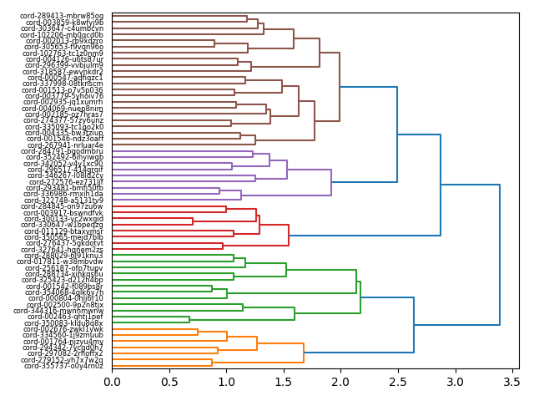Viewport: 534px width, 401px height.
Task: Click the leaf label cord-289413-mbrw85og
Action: (63, 16)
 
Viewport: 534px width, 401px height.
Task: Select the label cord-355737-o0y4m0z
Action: (63, 366)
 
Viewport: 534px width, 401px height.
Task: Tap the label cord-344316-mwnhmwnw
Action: (58, 311)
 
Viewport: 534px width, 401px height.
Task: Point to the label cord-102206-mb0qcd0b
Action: (63, 35)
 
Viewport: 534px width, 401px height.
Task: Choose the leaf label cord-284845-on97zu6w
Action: (63, 206)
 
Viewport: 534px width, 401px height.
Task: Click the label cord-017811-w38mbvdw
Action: (60, 261)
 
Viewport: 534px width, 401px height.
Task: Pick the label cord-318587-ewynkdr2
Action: (63, 72)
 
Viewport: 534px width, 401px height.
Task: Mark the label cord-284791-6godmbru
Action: (63, 151)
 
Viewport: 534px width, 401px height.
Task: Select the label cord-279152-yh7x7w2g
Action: (63, 360)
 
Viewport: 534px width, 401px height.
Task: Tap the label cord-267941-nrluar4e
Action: (66, 145)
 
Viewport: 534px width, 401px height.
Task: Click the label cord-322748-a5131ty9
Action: (63, 200)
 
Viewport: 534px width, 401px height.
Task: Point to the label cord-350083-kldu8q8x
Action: (63, 323)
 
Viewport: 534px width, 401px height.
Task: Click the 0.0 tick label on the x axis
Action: (112, 382)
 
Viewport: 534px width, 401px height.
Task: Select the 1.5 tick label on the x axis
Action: (284, 382)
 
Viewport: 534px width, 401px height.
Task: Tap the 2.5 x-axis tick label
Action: (397, 382)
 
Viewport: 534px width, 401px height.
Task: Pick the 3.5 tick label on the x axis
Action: (511, 382)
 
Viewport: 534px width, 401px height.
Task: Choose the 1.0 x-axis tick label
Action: (226, 382)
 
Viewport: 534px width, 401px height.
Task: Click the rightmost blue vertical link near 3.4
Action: (500, 255)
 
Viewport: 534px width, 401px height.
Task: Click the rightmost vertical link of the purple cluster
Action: (331, 182)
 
